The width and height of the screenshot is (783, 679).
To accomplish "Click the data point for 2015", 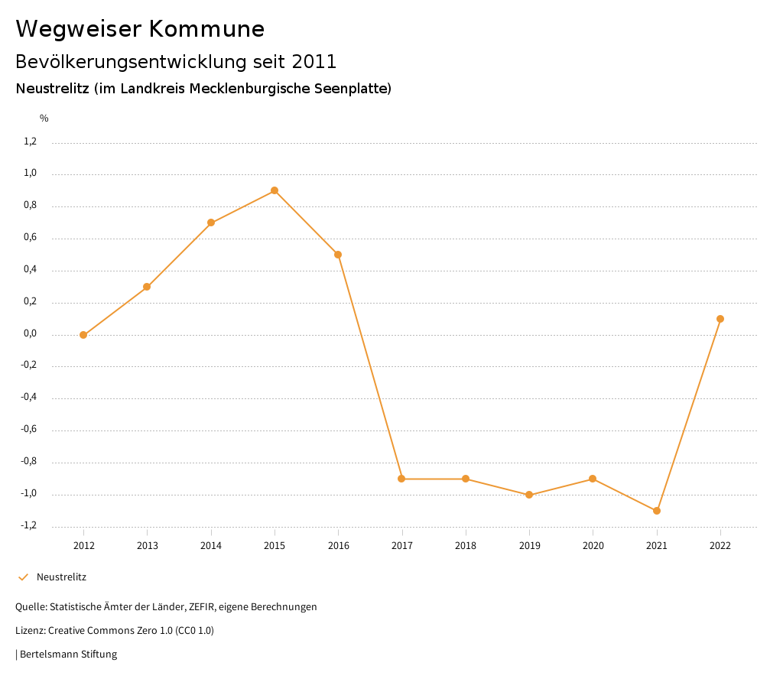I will click(x=275, y=190).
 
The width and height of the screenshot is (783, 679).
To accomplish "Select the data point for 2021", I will click(x=657, y=511).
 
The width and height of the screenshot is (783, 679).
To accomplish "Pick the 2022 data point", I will click(x=720, y=319).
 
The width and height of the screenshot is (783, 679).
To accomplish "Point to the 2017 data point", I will click(x=401, y=479).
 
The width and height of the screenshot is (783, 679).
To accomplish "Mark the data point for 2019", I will click(x=529, y=495).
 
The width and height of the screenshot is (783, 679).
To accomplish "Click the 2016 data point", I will click(x=338, y=255).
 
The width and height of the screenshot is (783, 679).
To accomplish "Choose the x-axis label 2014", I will click(x=211, y=546).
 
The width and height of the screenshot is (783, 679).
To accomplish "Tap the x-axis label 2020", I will click(x=593, y=546).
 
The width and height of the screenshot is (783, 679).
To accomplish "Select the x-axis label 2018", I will click(x=466, y=546).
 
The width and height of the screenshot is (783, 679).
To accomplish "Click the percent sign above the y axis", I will click(x=44, y=119).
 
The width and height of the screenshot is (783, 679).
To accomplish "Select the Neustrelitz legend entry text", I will click(x=61, y=577).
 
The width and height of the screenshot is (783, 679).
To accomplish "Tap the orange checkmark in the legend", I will click(x=23, y=577).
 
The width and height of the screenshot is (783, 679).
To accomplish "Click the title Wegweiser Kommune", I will click(x=140, y=29).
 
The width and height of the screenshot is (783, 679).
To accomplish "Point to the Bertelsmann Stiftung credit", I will click(x=68, y=655).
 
